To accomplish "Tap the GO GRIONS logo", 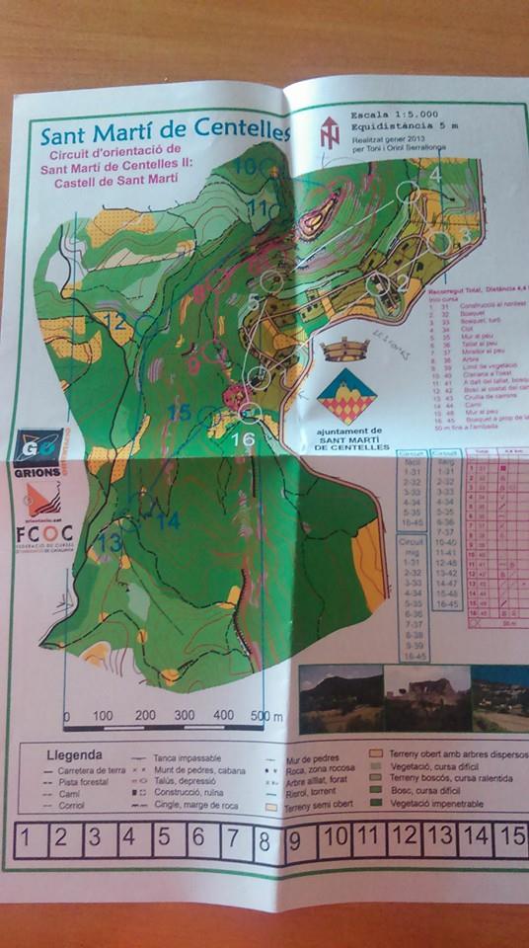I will pyautogui.click(x=38, y=450).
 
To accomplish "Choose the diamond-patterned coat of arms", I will pyautogui.click(x=345, y=395).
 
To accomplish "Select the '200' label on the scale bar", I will pyautogui.click(x=146, y=715).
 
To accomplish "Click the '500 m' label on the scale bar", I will pyautogui.click(x=265, y=715).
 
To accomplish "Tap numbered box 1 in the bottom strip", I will pyautogui.click(x=27, y=837).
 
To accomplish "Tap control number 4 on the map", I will pyautogui.click(x=435, y=175).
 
